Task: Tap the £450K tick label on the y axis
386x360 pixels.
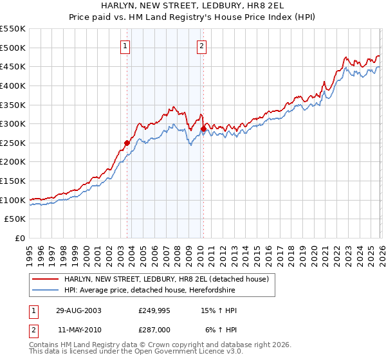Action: point(13,66)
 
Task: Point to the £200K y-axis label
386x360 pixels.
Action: point(13,162)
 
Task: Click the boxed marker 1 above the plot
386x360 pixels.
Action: point(124,46)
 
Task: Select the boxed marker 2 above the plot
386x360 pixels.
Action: point(201,46)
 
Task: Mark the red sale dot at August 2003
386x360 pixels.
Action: point(127,143)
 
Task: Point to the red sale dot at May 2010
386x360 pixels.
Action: point(203,129)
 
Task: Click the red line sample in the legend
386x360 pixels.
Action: point(46,279)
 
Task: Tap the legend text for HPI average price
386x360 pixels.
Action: point(159,289)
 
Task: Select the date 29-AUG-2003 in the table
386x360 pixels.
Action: point(78,310)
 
